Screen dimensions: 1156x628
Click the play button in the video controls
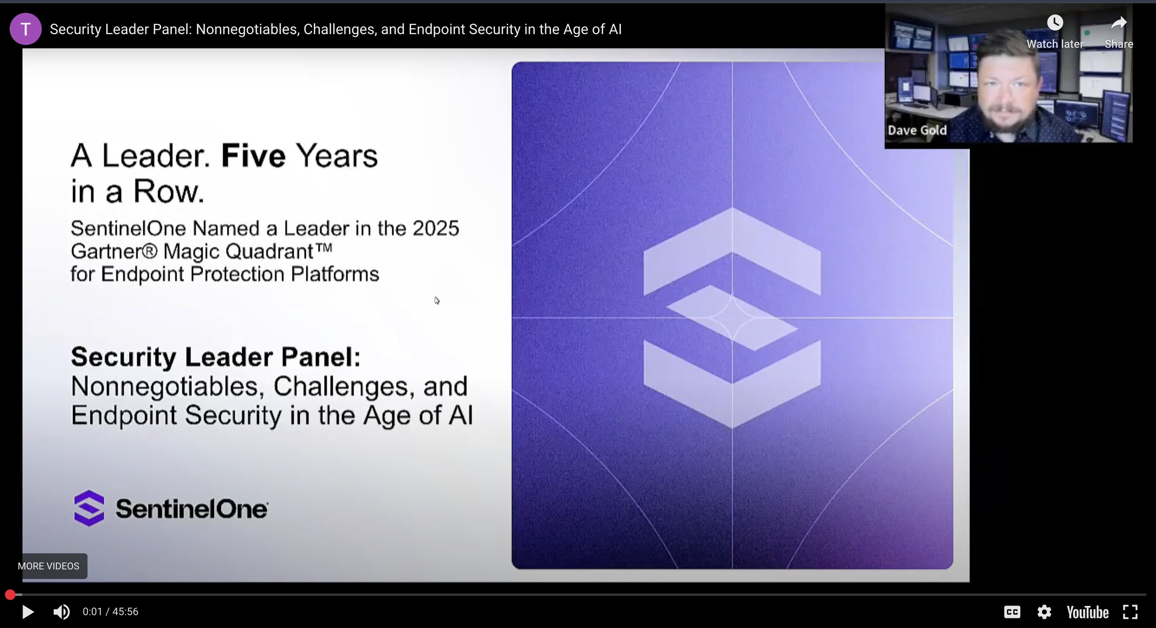tap(28, 612)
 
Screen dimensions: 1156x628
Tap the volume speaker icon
tap(61, 612)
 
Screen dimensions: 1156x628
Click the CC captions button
tap(1012, 612)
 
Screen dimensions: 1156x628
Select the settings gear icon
tap(1044, 612)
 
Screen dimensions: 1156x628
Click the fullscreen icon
tap(1130, 612)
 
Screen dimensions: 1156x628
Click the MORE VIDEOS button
tap(49, 566)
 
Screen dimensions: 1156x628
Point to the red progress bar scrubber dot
tap(10, 595)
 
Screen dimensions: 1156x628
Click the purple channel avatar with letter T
tap(26, 29)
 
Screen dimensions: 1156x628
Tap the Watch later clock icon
tap(1055, 22)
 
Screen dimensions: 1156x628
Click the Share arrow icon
tap(1119, 22)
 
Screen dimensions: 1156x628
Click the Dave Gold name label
tap(917, 130)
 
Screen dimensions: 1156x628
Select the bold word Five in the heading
tap(254, 156)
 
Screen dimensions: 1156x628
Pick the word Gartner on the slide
tap(114, 251)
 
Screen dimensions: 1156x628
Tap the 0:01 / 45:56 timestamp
tap(110, 612)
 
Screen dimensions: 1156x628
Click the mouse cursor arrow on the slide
tap(437, 300)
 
